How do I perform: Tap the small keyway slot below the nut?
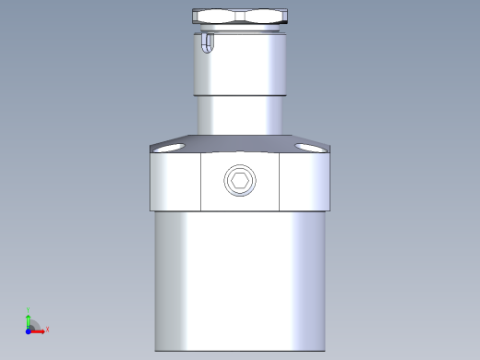(209, 43)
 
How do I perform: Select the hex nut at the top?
(240, 16)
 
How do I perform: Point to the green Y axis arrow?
(29, 318)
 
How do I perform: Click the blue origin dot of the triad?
(29, 329)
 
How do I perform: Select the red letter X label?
(47, 329)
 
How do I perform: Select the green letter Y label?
(29, 311)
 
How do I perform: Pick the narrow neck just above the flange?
(239, 115)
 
